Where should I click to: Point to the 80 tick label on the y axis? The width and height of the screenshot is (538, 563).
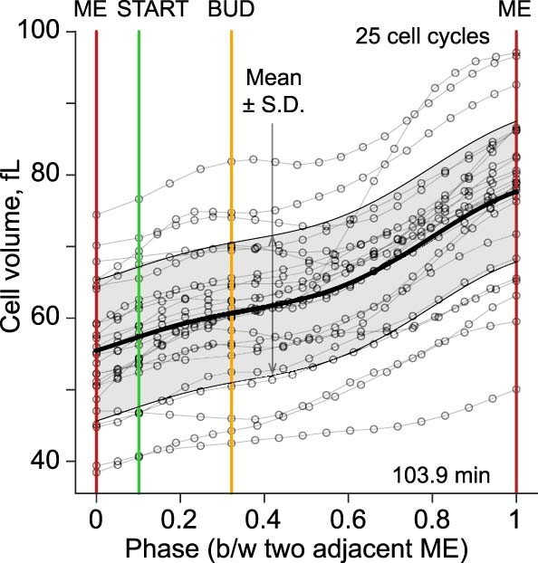56,174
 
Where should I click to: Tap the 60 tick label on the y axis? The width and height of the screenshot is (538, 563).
56,318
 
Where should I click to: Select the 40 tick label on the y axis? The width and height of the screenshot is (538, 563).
56,462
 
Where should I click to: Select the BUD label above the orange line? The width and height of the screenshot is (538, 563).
231,11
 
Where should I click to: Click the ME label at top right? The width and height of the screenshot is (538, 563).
515,11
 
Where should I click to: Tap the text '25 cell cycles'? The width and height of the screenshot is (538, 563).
423,37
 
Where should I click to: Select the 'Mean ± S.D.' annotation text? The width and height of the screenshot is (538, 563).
272,91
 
